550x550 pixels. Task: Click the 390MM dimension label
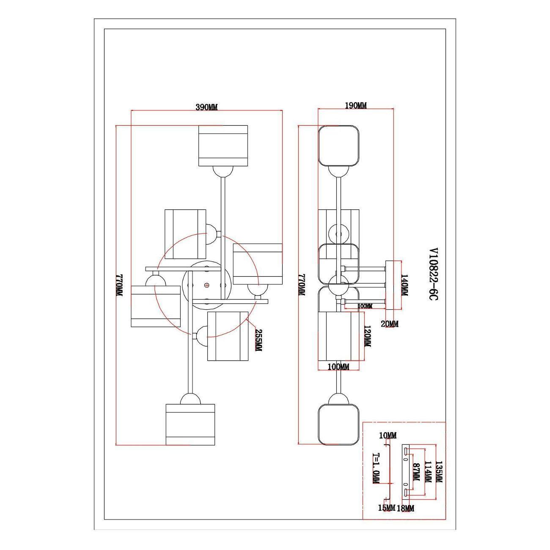[x=206, y=107]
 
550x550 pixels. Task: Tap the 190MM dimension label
[x=356, y=106]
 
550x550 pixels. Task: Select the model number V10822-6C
[x=433, y=274]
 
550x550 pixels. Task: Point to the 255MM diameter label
[x=258, y=340]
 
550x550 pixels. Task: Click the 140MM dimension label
[x=405, y=285]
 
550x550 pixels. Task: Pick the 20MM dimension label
[x=390, y=324]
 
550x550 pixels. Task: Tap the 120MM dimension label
[x=368, y=336]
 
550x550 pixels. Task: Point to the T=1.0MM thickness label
[x=376, y=472]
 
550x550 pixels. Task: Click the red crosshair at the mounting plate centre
[x=207, y=285]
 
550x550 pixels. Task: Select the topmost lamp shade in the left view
[x=223, y=146]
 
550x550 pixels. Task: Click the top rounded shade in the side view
[x=338, y=146]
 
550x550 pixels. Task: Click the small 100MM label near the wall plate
[x=365, y=306]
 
